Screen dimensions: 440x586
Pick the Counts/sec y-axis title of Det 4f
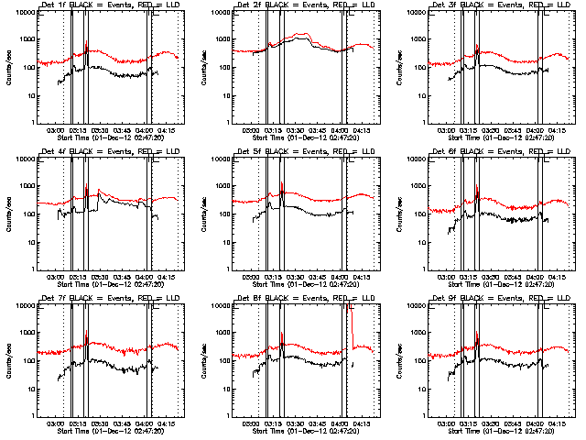(x=9, y=214)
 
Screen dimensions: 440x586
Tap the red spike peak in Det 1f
(x=86, y=41)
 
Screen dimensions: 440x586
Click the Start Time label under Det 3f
(x=502, y=138)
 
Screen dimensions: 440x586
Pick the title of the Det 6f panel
(x=502, y=152)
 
